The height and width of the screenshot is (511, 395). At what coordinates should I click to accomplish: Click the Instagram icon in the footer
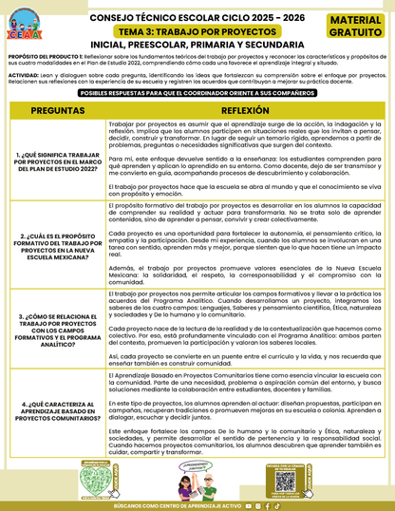click(x=257, y=505)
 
